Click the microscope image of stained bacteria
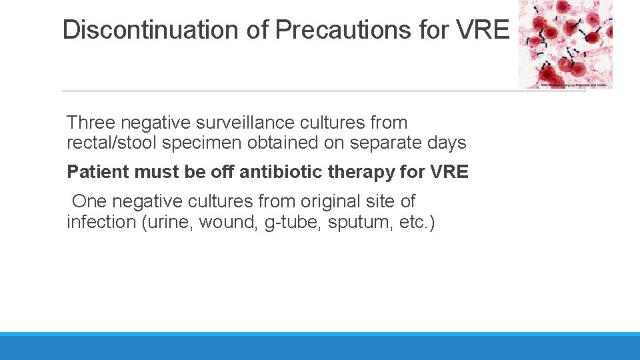point(565,44)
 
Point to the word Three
point(91,123)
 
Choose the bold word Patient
point(98,172)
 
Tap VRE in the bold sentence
point(450,172)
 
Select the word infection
point(101,221)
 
